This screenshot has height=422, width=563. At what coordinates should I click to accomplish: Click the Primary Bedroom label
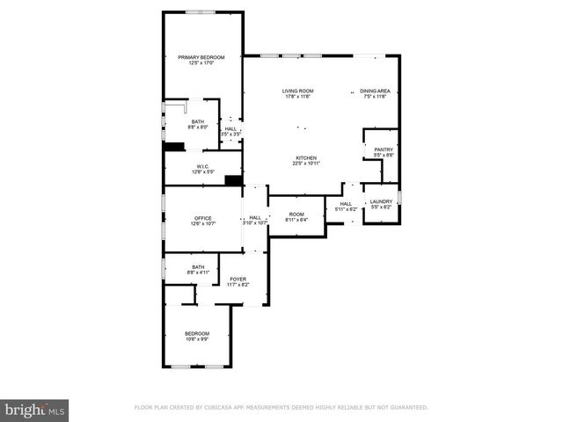click(201, 57)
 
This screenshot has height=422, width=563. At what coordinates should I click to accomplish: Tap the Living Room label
click(298, 91)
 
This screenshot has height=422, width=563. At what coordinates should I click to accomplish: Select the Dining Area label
click(375, 91)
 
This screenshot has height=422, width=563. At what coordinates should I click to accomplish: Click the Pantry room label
click(384, 149)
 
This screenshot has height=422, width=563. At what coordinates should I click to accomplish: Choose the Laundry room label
click(381, 202)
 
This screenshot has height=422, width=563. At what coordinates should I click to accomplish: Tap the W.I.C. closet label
click(202, 166)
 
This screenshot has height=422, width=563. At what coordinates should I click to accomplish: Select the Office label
click(203, 218)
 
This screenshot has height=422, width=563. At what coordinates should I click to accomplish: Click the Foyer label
click(239, 280)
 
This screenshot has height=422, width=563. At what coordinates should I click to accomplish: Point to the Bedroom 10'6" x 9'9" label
click(197, 333)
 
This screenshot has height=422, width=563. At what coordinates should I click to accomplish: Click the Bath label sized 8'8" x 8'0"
click(198, 122)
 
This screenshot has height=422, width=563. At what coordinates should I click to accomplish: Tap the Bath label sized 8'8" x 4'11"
click(196, 267)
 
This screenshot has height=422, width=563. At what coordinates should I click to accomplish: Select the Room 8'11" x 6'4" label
click(296, 215)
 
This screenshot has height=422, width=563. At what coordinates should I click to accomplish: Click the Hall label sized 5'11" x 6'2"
click(345, 204)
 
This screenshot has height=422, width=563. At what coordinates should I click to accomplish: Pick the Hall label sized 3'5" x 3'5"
click(230, 129)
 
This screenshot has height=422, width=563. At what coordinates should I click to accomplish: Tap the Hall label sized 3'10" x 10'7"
click(254, 218)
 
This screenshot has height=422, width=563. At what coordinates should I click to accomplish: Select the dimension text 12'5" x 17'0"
click(201, 63)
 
